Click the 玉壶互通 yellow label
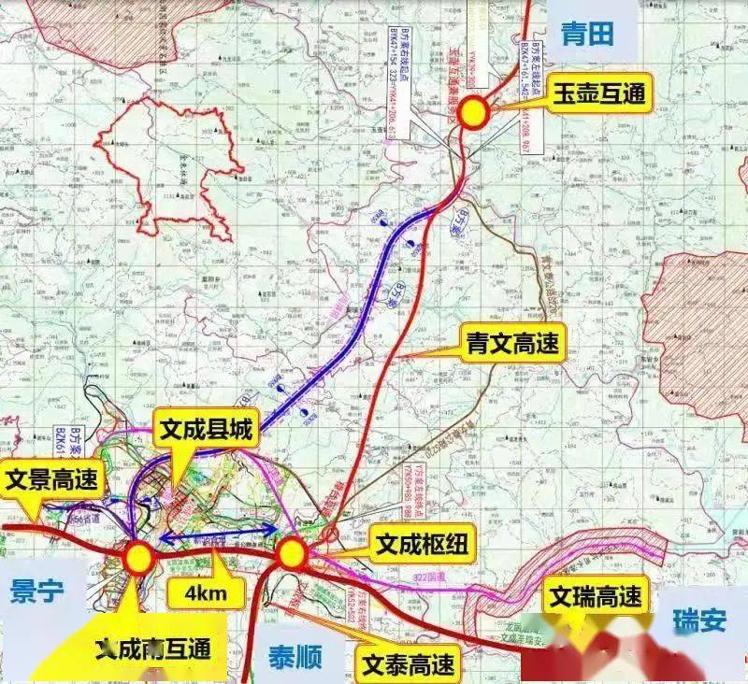[x=596, y=94]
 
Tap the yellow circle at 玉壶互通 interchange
[x=474, y=111]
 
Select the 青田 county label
[x=586, y=34]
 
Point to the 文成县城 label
[x=207, y=430]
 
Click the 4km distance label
[x=206, y=591]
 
